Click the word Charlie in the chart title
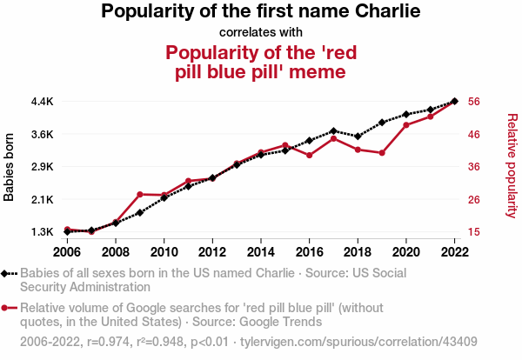pos(386,11)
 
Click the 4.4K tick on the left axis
pos(42,101)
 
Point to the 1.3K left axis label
pos(42,232)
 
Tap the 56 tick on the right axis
pos(474,101)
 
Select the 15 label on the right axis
pos(474,232)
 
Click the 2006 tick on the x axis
pos(67,252)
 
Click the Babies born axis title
pos(10,167)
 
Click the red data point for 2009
pos(140,194)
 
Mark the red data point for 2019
pos(382,153)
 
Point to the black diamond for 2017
pos(333,130)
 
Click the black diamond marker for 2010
pos(164,197)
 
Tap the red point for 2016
pos(310,155)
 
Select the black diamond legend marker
pos(6,273)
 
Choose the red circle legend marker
pos(6,308)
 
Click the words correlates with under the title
pos(261,32)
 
